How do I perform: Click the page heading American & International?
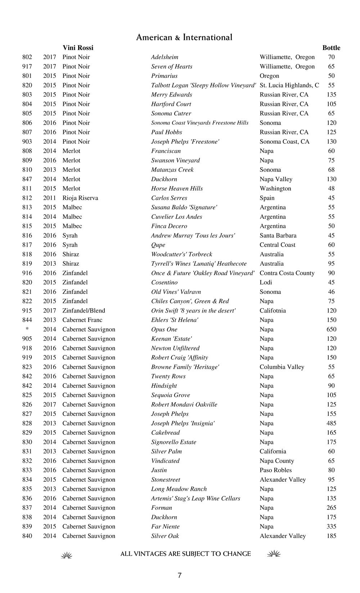tap(184, 37)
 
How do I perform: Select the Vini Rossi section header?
tap(78, 48)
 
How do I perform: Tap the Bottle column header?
tap(331, 48)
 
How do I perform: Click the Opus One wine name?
tap(164, 329)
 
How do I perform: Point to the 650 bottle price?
tap(331, 329)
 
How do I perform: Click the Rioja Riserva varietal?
tap(80, 198)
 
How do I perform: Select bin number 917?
tap(27, 67)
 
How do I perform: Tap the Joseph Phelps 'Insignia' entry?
tap(183, 423)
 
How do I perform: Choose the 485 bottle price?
tap(331, 423)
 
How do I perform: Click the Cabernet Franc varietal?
tap(82, 320)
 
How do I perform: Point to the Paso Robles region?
tap(275, 470)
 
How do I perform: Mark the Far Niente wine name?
tap(165, 526)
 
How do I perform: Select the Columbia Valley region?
tap(282, 367)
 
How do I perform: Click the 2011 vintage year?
tap(50, 198)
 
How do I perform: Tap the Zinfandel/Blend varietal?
tap(84, 311)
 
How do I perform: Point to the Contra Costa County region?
tap(287, 273)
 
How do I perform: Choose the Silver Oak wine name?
tap(165, 536)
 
